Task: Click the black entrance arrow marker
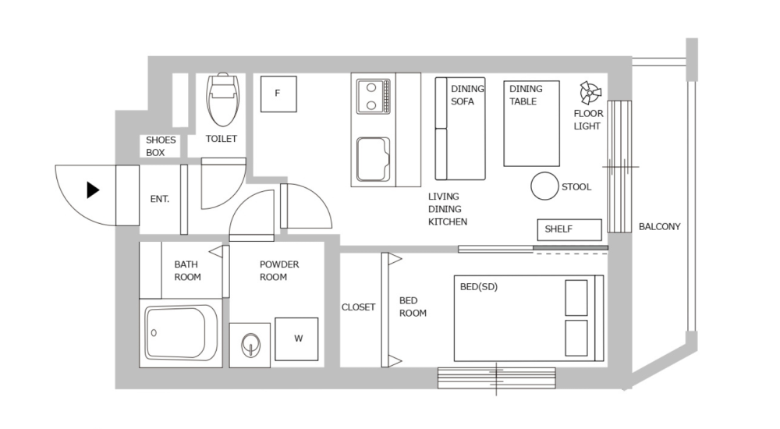point(93,190)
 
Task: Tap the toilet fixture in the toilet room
point(222,99)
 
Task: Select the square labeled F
point(278,94)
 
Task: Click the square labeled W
point(296,339)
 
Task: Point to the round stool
point(544,186)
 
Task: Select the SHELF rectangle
point(569,229)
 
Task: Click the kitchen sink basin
point(373,158)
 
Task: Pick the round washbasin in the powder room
point(250,343)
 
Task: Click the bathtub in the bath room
point(182,334)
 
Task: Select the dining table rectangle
point(532,123)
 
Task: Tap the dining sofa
point(459,129)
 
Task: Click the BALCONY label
point(659,227)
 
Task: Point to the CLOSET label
point(358,307)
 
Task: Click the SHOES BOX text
point(161,147)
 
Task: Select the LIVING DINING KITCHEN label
point(448,209)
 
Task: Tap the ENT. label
point(159,199)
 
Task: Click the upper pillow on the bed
point(576,297)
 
